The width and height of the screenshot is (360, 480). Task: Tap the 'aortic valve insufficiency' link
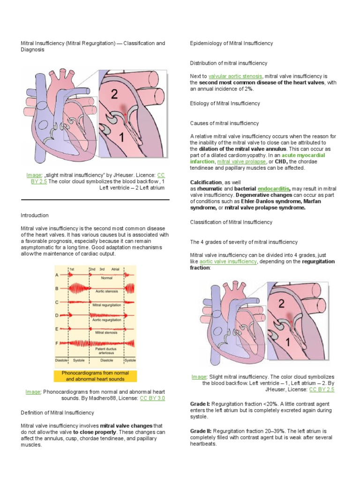click(x=228, y=262)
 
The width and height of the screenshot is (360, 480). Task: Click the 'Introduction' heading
click(x=35, y=215)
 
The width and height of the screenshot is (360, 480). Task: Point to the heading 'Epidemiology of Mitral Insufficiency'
click(x=231, y=43)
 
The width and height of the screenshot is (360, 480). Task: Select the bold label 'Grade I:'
click(x=200, y=403)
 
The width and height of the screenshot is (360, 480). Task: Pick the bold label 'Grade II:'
click(x=201, y=430)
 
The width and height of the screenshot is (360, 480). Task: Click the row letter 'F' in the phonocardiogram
click(x=57, y=343)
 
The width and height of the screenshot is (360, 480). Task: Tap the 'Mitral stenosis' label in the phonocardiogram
click(x=106, y=332)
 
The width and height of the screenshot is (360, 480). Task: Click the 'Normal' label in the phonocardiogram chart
click(x=106, y=277)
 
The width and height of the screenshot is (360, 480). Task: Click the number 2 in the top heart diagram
click(x=114, y=95)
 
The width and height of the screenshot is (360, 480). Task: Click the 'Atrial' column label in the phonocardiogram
click(x=115, y=270)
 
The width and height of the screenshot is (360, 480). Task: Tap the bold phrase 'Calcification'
click(x=205, y=181)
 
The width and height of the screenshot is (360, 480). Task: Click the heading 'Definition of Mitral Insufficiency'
click(x=58, y=412)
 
